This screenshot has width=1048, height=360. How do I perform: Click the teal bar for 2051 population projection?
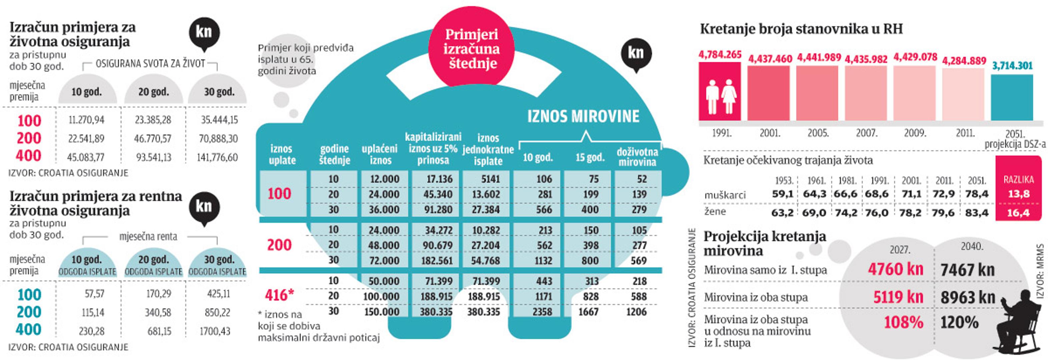click(1012, 98)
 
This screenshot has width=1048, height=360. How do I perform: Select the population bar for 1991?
click(720, 92)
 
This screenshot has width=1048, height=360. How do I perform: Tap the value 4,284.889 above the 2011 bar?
click(964, 61)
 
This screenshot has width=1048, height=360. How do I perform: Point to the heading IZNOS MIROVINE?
click(583, 116)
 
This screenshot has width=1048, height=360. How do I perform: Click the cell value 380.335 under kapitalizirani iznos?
click(436, 312)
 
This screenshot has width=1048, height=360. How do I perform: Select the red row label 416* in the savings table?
click(279, 295)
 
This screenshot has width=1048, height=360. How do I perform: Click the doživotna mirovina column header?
click(637, 157)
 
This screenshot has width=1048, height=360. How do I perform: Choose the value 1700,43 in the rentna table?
click(214, 331)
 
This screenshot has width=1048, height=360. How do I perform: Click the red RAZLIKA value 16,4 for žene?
click(1018, 213)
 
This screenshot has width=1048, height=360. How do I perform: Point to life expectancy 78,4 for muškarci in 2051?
click(977, 194)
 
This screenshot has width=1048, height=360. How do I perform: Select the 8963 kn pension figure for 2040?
click(967, 297)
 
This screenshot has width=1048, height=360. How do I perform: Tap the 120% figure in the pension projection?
click(959, 323)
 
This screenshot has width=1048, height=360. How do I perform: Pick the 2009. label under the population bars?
click(915, 133)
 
